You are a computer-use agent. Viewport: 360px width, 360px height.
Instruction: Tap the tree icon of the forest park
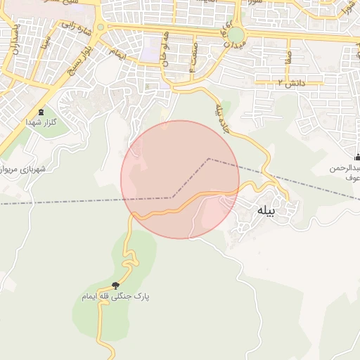(115, 285)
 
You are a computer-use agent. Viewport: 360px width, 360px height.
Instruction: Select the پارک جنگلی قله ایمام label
(115, 297)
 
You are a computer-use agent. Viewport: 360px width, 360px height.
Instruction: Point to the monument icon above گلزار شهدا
(40, 111)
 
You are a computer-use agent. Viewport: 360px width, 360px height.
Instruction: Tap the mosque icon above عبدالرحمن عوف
(357, 156)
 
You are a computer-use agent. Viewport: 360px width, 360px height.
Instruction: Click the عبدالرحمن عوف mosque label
(346, 173)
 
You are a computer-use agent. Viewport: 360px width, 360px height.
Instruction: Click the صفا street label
(288, 56)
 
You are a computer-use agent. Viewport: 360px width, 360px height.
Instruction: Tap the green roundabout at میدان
(236, 35)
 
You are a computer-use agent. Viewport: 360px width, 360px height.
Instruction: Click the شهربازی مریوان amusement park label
(22, 169)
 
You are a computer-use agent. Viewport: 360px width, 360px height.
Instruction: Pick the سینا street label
(46, 42)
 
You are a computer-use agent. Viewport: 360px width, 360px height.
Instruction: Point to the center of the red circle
(180, 179)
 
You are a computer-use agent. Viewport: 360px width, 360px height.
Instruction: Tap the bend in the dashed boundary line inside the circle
(209, 159)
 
